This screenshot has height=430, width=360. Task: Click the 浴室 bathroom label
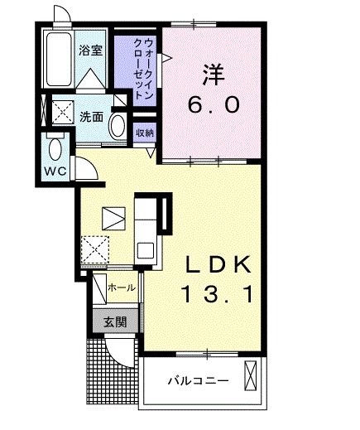point(90,50)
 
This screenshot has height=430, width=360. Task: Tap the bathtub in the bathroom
point(59,59)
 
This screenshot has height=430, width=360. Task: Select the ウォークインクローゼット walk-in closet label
point(143,69)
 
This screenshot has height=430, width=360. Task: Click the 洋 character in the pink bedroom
point(214,75)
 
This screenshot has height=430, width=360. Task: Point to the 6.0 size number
point(214,105)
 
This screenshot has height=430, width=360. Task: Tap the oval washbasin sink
point(118,126)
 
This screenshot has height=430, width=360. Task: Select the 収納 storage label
point(145,133)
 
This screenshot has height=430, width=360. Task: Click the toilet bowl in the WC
point(55,148)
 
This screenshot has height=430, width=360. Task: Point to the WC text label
point(55,172)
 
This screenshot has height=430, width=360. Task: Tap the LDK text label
point(218,264)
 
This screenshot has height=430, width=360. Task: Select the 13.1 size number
point(218,294)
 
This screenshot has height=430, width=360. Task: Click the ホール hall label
point(122,287)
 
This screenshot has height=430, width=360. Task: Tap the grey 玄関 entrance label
point(115,321)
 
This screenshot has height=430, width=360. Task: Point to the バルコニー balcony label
point(199,381)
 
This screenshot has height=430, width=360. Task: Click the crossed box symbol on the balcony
point(251,375)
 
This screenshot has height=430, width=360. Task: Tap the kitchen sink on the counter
point(146,250)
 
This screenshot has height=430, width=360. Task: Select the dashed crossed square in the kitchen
point(94,249)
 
